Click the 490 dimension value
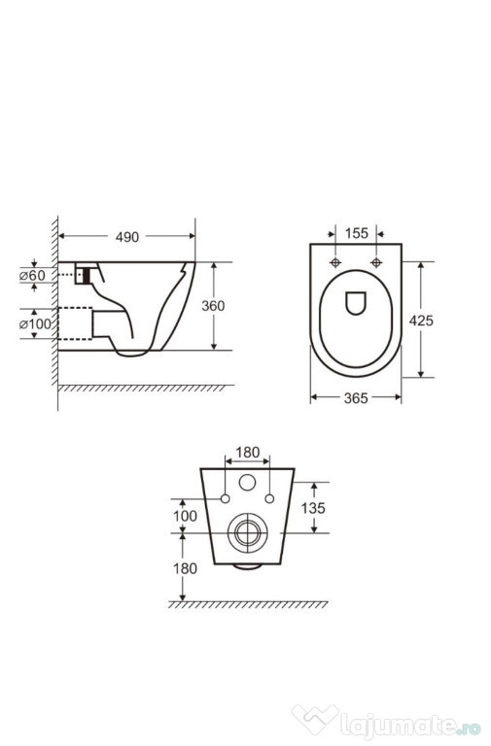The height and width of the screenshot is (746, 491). (127, 237)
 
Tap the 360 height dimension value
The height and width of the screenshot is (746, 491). (213, 305)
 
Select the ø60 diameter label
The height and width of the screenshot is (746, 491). (32, 276)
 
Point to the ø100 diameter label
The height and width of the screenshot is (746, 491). (35, 324)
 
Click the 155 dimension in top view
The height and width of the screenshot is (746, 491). (356, 233)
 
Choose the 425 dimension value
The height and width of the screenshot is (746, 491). (421, 321)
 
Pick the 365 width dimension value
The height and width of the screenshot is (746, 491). (356, 397)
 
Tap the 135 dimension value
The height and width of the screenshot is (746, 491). (313, 508)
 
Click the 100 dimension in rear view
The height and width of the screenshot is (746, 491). (185, 516)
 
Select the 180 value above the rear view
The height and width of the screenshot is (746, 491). (248, 452)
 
